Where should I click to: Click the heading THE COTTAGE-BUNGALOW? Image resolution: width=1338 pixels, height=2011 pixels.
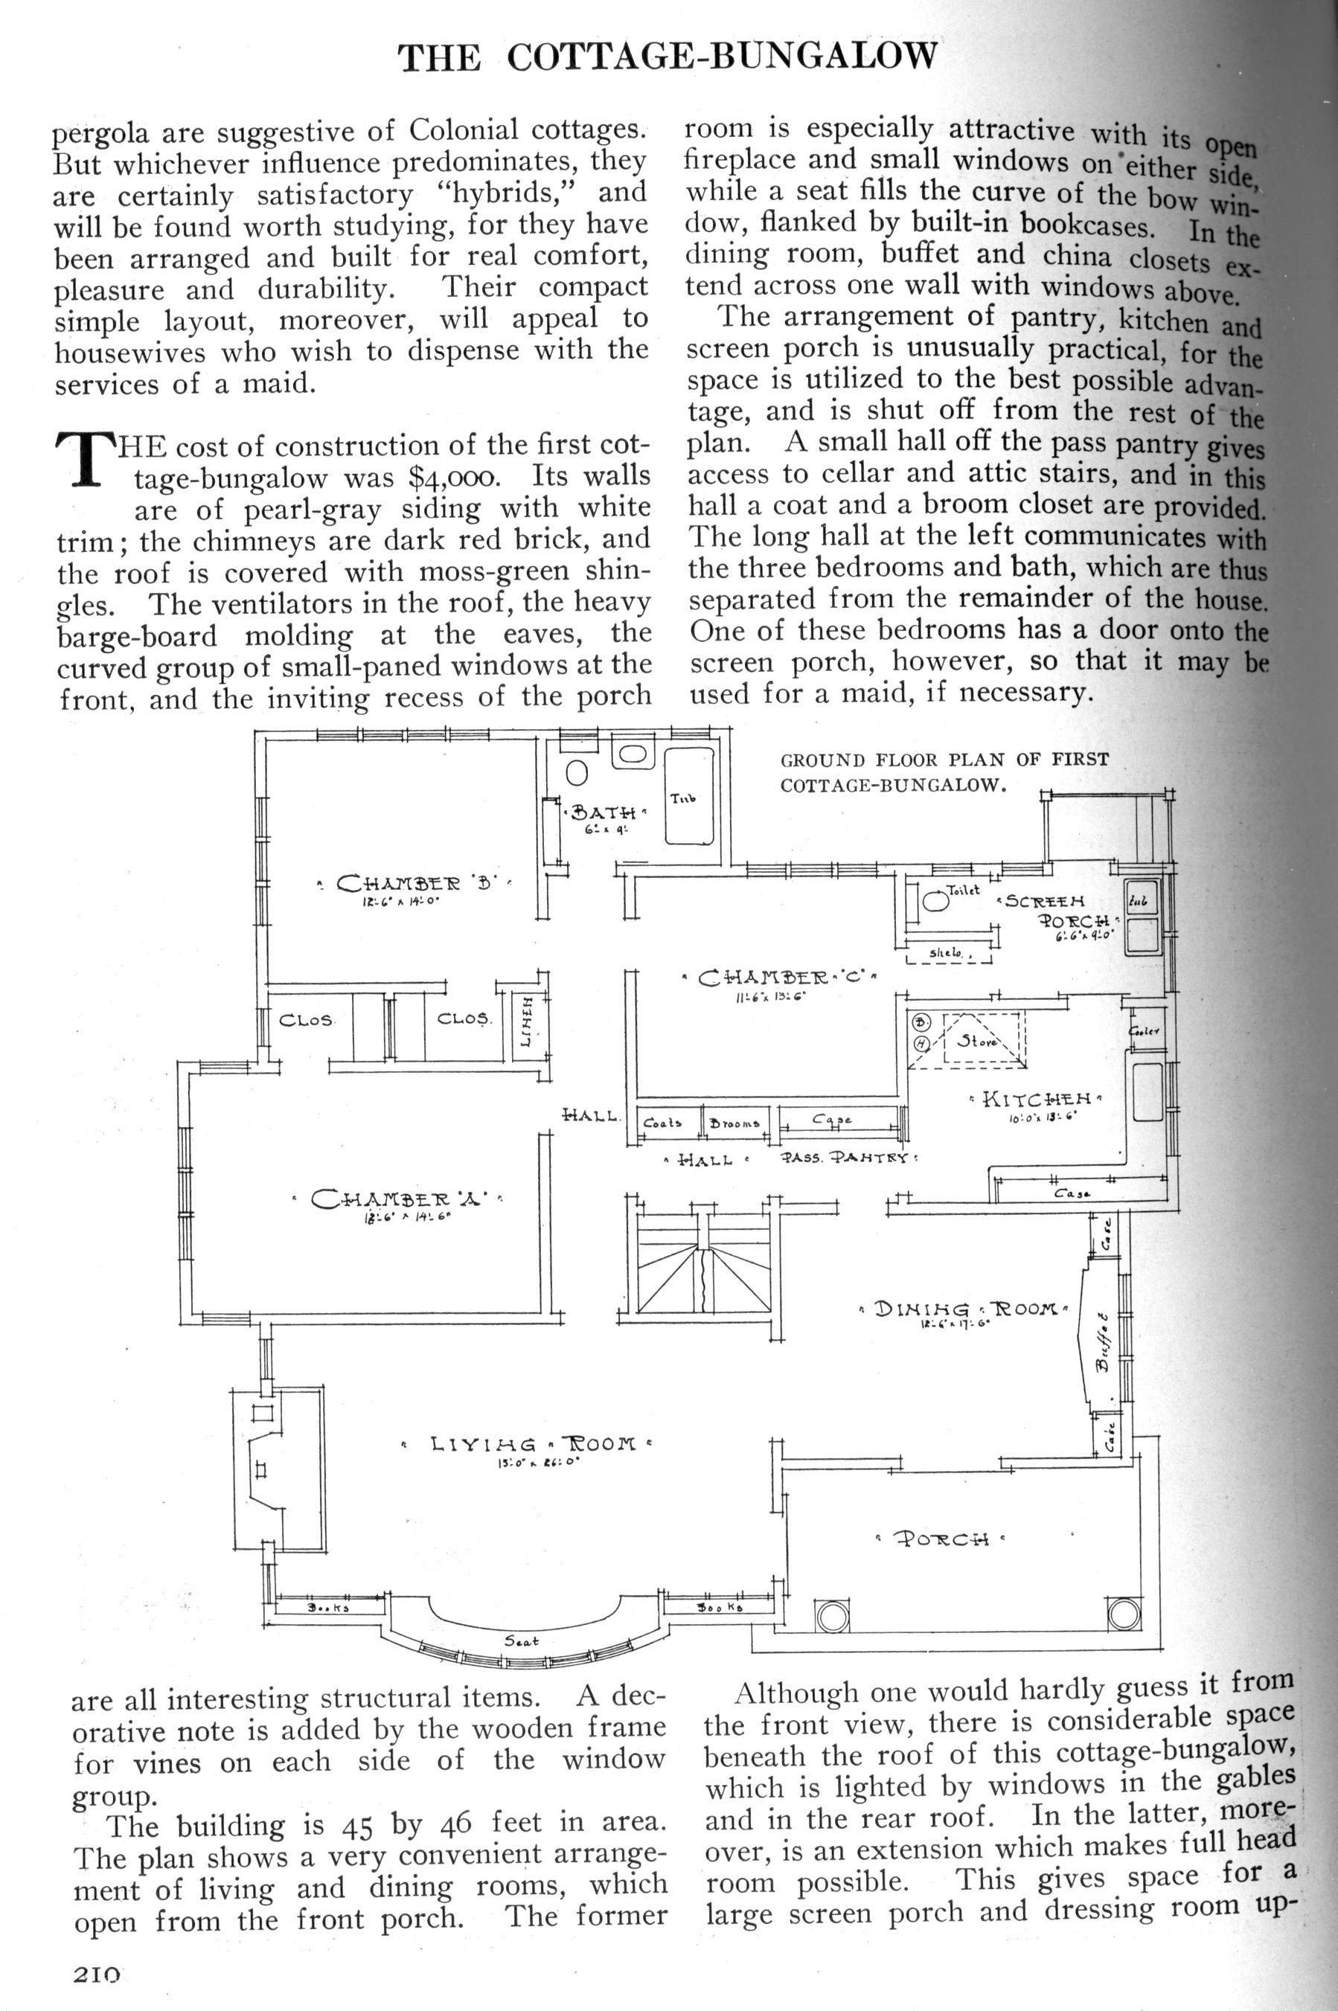point(670,57)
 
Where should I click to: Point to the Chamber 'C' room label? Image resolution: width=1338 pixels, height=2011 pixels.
point(781,978)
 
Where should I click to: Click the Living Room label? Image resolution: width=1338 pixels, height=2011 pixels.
point(527,1446)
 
